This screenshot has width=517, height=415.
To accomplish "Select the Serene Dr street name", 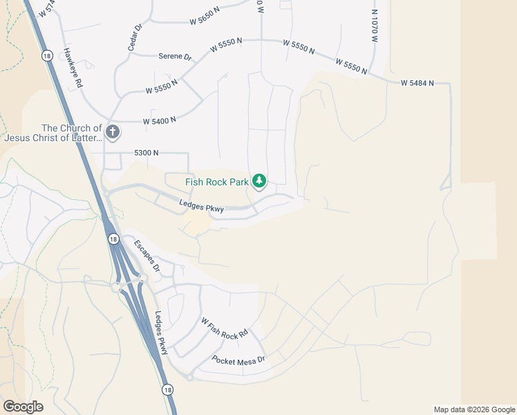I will [174, 57].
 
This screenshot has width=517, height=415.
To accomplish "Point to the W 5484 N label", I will [416, 83].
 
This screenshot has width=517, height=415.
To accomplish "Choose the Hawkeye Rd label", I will [73, 66].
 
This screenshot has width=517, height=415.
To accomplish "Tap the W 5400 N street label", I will [159, 120].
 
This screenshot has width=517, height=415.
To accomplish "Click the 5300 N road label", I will [146, 152].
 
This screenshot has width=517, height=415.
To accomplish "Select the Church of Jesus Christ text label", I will [53, 133].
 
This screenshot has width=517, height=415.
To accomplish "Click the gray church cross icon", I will [113, 131].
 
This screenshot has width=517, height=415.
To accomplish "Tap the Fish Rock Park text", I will [216, 183].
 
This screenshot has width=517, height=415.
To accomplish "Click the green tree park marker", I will [259, 181].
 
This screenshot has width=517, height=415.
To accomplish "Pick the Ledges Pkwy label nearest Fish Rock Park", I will [201, 205].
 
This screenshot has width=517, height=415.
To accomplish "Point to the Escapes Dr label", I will [147, 255].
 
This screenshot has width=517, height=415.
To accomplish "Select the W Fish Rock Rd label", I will [224, 329].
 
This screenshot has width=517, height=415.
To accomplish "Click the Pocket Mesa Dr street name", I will [238, 360].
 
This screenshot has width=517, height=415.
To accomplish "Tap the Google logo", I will [23, 407].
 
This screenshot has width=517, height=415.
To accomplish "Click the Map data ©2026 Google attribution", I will [473, 409].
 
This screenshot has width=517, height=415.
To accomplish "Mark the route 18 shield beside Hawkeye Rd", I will [47, 55].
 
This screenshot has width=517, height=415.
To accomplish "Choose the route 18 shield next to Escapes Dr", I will [113, 239].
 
